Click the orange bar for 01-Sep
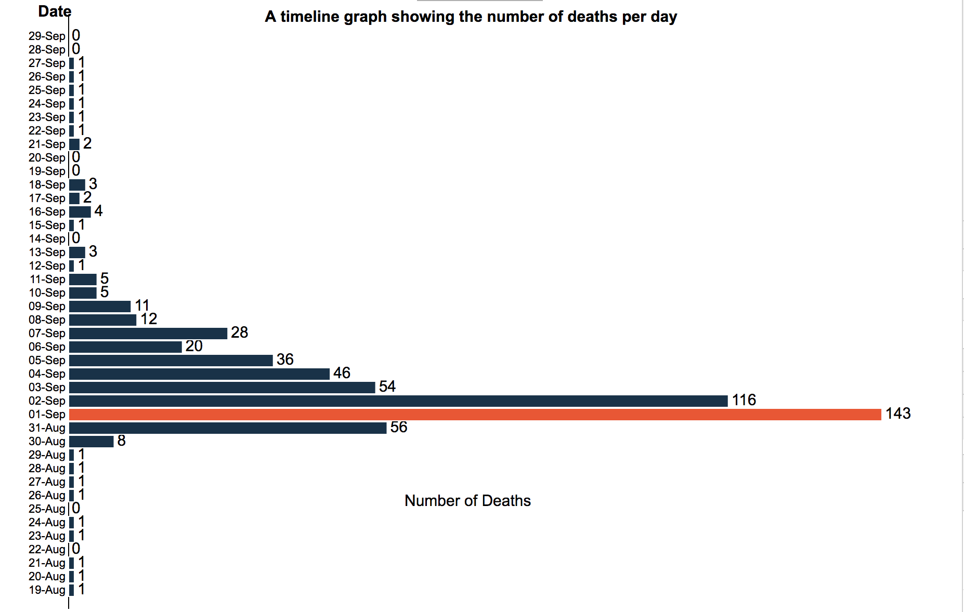point(475,414)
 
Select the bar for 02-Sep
point(398,401)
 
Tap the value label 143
point(898,414)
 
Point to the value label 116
point(744,400)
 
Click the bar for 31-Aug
point(227,428)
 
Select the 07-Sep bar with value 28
point(148,333)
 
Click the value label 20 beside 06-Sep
point(194,346)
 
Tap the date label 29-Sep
point(47,36)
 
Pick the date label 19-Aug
point(47,590)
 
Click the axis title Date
point(54,11)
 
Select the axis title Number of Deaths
point(467,500)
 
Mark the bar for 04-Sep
point(199,374)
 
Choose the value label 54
point(387,387)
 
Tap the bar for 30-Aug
point(91,441)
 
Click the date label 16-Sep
point(47,211)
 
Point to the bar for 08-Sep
point(102,320)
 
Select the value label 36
point(285,360)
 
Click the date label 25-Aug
point(47,509)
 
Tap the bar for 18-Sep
point(77,184)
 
